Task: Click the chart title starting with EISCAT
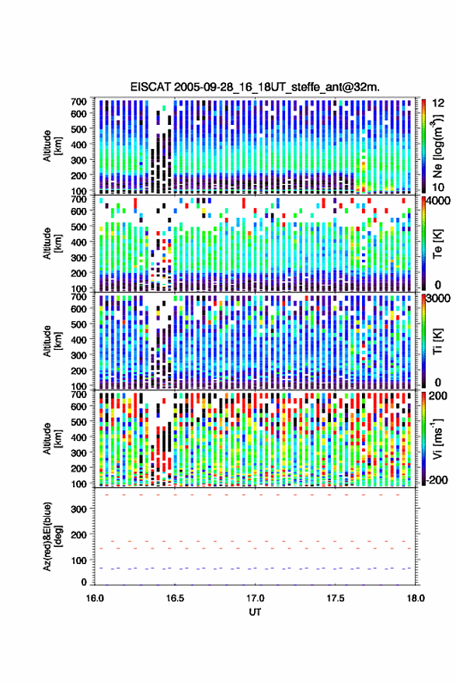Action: pos(255,87)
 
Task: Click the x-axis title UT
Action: pos(255,612)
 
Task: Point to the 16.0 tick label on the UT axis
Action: pos(95,598)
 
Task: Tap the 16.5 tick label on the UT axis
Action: pos(175,598)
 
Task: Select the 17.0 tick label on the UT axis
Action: pos(256,598)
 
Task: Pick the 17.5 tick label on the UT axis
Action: pos(336,598)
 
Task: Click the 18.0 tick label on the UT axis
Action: pos(416,598)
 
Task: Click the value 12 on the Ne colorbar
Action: pos(438,103)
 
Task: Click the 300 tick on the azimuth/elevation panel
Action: pos(78,509)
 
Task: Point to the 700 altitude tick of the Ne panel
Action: pos(78,102)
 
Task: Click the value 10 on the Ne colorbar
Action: pos(438,187)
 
